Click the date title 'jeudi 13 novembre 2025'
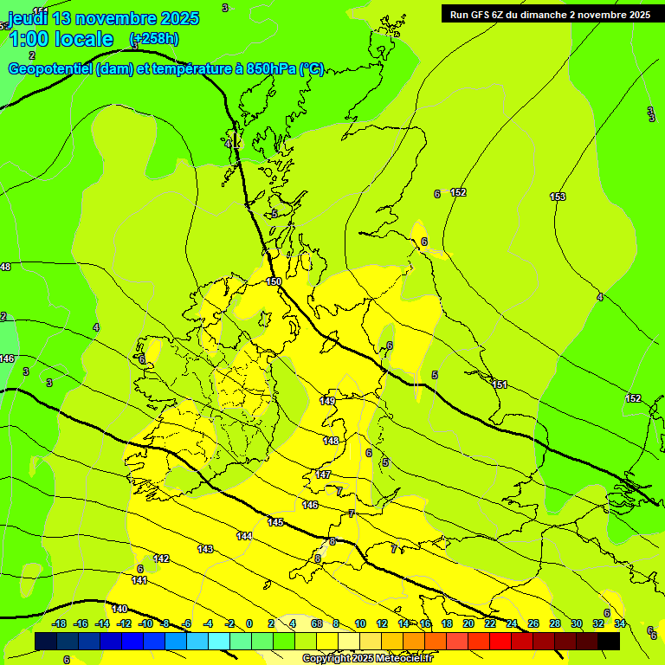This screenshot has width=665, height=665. tap(103, 18)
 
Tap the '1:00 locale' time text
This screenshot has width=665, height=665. tap(61, 39)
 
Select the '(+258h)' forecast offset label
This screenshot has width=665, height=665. tap(154, 39)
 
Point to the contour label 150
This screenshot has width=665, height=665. tap(274, 281)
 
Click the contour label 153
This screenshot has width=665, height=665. tap(558, 197)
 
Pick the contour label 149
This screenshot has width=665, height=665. tap(327, 401)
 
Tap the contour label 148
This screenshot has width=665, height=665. tap(331, 441)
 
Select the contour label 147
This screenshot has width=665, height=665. tap(323, 475)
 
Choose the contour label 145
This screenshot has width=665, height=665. tap(275, 522)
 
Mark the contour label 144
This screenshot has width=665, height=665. tap(244, 536)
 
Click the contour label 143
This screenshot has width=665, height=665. tap(205, 549)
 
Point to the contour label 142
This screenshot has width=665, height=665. tap(161, 558)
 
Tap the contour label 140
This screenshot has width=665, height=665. tap(119, 609)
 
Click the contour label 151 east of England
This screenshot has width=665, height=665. tap(499, 384)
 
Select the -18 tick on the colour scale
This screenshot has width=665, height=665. tap(59, 623)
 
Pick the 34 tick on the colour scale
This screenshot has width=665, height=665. tap(620, 623)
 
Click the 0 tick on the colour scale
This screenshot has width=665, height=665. tap(249, 623)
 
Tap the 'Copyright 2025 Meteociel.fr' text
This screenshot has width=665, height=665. tap(367, 658)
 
